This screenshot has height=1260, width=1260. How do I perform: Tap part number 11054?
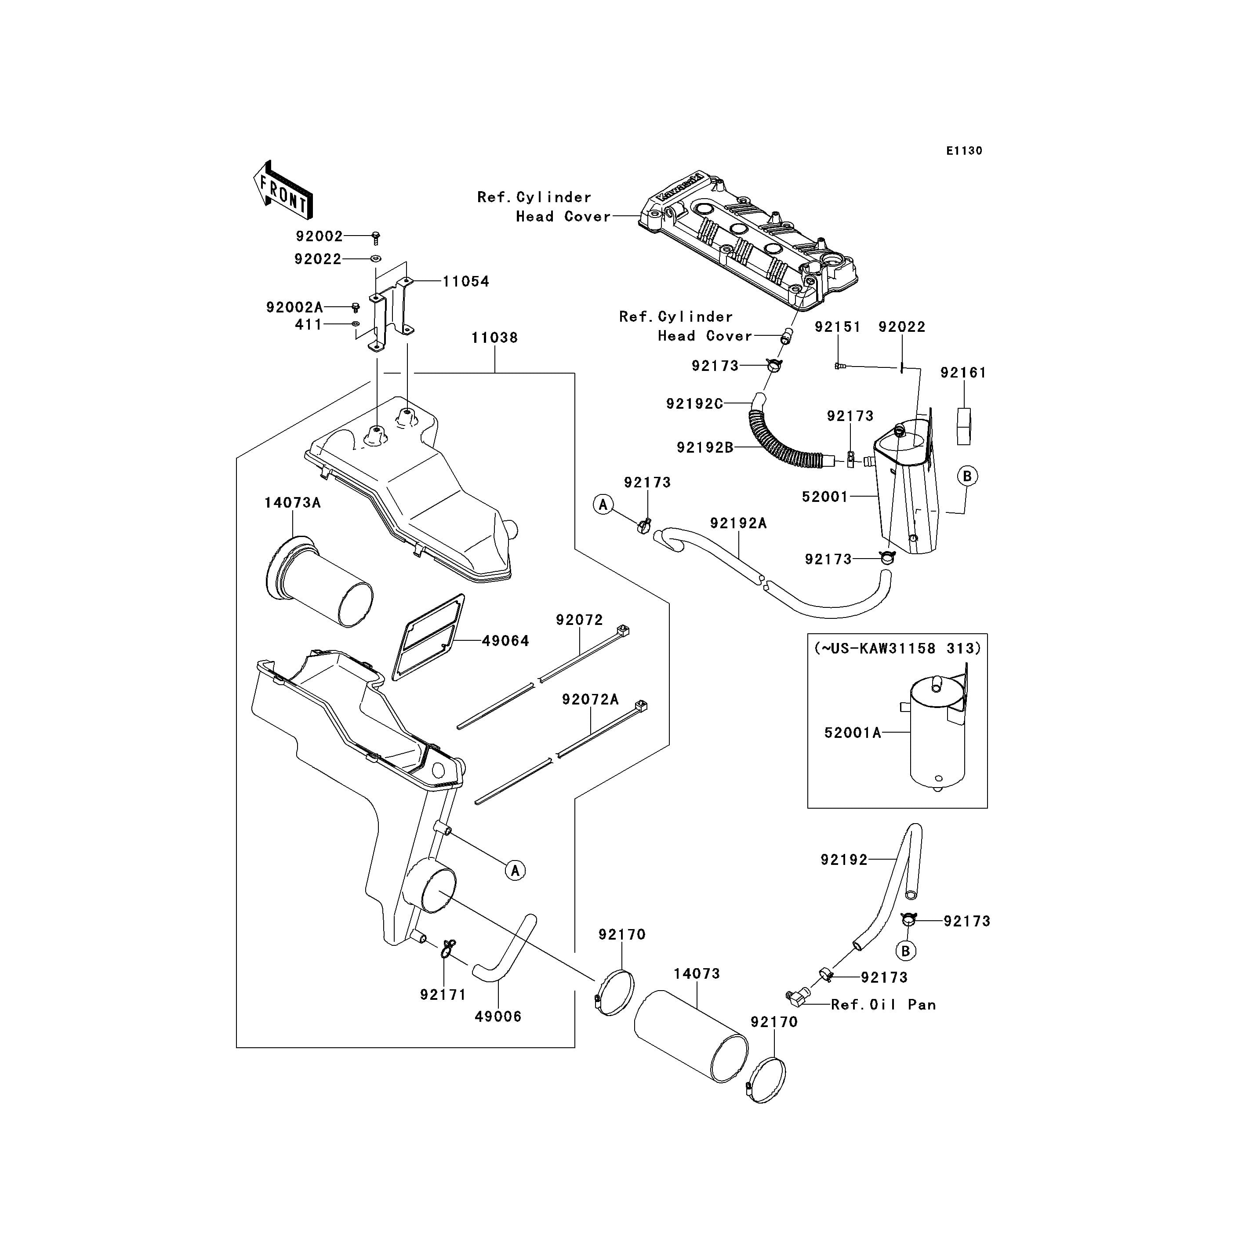(466, 282)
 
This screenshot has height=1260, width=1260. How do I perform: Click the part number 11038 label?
(494, 338)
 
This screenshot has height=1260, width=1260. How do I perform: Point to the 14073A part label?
(292, 503)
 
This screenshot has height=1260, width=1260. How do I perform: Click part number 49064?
(505, 641)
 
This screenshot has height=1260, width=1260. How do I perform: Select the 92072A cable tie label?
(590, 700)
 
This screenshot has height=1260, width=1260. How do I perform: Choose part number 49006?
(498, 1016)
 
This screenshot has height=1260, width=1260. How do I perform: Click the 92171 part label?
(443, 995)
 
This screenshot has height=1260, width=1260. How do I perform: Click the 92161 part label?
(963, 373)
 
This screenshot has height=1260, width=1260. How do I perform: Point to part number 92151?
(837, 327)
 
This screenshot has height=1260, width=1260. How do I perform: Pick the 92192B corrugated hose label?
(705, 447)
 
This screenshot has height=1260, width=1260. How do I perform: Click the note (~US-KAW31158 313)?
(897, 648)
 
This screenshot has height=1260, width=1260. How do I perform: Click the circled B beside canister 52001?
(967, 476)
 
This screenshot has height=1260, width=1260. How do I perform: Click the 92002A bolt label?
(294, 307)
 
